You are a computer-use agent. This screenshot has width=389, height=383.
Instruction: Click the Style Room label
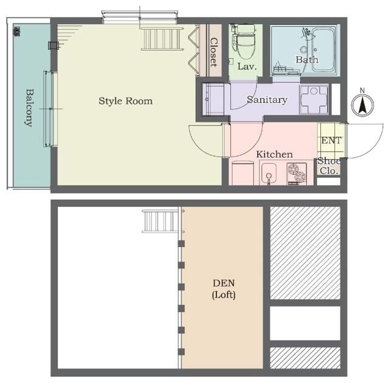click(x=126, y=101)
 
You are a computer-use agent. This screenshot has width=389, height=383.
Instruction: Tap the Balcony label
click(x=29, y=108)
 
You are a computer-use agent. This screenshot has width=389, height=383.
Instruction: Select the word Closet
click(x=213, y=52)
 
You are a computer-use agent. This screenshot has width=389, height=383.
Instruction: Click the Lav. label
click(x=247, y=66)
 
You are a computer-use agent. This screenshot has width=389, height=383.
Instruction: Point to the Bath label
click(x=307, y=59)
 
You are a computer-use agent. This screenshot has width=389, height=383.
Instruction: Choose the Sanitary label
click(x=267, y=100)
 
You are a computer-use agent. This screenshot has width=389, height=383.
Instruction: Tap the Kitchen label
click(x=274, y=154)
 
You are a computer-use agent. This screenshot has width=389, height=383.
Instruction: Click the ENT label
click(x=331, y=140)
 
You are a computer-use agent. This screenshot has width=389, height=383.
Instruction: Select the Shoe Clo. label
click(x=329, y=166)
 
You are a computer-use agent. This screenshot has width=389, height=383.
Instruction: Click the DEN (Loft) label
click(x=224, y=289)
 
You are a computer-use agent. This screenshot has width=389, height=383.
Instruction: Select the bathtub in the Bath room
click(x=322, y=50)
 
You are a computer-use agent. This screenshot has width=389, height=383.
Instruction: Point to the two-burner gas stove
click(x=297, y=174)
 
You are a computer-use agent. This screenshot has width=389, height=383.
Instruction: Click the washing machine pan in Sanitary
click(x=314, y=100)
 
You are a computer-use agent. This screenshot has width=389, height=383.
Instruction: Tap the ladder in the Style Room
click(x=162, y=39)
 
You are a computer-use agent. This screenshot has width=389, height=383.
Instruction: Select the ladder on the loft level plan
click(x=162, y=221)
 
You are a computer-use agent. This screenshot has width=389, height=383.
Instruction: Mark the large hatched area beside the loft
click(x=305, y=253)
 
